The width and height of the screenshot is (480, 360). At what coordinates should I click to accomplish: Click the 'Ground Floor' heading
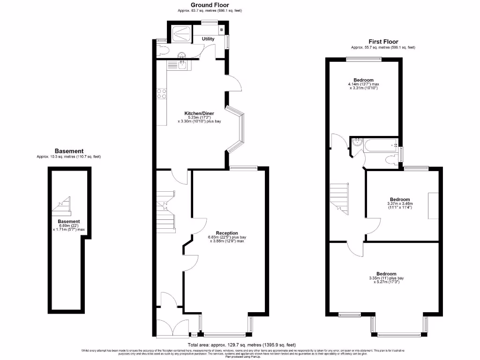210,5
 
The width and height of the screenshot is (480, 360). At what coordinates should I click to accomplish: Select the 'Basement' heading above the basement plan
69,151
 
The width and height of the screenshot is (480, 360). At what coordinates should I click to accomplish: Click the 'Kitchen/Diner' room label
199,113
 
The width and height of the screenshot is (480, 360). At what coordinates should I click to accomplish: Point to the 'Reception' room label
227,233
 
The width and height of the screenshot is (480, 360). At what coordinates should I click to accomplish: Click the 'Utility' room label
208,39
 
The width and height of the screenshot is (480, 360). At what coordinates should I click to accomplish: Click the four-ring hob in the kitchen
162,94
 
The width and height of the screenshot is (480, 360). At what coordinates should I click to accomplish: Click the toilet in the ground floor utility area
162,49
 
